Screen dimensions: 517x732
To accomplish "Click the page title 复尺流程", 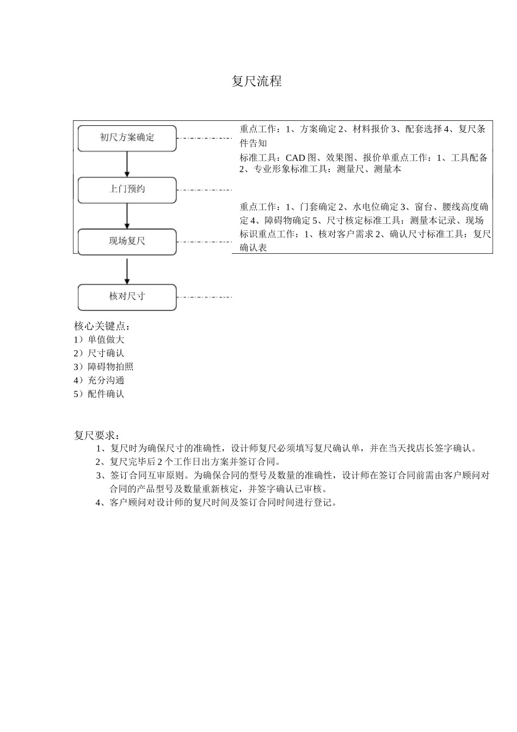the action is tap(256, 82).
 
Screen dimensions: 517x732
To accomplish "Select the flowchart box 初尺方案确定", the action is tap(127, 138).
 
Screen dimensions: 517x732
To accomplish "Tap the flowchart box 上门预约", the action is tap(127, 190).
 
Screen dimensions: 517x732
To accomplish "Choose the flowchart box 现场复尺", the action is tap(127, 241).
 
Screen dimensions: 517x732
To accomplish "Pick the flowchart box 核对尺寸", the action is tap(127, 297).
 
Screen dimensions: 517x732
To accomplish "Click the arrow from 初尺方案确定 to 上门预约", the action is tap(127, 163).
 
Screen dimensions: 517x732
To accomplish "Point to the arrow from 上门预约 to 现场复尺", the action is tap(127, 216).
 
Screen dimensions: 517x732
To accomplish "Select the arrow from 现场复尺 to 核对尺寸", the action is tap(127, 270).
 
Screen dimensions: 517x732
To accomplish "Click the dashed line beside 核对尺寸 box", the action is tap(205, 297).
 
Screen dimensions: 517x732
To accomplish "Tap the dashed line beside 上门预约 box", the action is tap(205, 190).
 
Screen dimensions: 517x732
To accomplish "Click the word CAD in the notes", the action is tap(296, 158).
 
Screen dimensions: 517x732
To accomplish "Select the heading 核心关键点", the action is tap(102, 326).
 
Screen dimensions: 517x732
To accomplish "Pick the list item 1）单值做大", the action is tap(99, 340).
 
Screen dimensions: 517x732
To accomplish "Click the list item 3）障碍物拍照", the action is tap(103, 367).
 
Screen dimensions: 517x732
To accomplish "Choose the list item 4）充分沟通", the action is tap(99, 381).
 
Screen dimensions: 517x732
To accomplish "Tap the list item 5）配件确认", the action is tap(99, 394).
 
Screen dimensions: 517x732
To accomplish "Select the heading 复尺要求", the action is tap(97, 436).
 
